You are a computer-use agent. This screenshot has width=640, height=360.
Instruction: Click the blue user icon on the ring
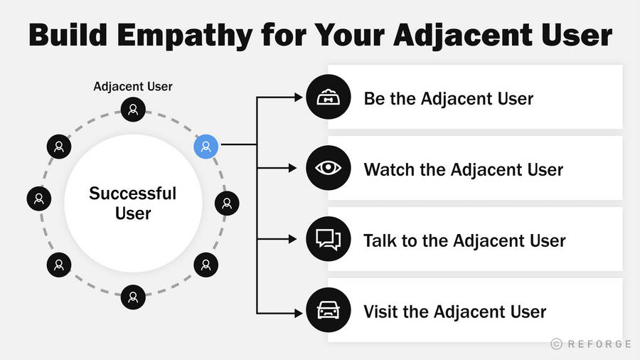click(206, 147)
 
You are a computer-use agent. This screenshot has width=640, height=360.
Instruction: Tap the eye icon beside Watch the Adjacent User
click(328, 168)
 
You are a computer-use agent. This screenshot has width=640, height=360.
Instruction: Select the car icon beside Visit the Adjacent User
click(328, 309)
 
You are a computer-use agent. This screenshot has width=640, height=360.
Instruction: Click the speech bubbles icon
click(328, 239)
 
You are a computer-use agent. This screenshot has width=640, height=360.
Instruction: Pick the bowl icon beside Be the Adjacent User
click(328, 97)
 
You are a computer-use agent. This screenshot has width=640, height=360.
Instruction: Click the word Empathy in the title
click(184, 36)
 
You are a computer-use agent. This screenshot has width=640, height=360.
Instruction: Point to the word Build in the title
click(68, 35)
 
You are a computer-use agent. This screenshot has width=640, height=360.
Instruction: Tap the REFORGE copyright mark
click(591, 344)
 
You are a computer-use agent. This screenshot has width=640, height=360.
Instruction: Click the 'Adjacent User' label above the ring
click(133, 87)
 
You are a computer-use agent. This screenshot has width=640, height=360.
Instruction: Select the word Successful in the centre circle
click(133, 194)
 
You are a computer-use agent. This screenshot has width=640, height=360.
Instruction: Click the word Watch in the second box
click(388, 169)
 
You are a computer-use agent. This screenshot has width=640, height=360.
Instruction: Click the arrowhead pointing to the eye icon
click(292, 168)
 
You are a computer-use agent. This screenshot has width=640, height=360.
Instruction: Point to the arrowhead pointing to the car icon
click(298, 312)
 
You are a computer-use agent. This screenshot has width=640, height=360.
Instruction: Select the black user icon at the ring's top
click(133, 110)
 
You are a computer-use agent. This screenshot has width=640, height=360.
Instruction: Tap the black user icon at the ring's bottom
click(133, 297)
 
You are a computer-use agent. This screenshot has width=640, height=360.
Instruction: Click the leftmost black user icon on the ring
click(39, 198)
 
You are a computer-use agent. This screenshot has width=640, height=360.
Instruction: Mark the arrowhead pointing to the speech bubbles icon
click(292, 239)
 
